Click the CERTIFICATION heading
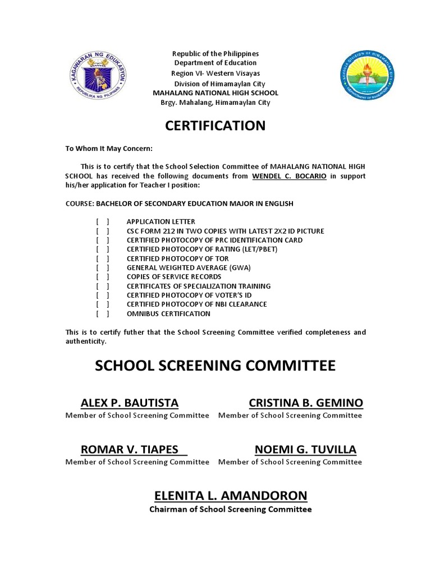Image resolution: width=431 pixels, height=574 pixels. point(215,126)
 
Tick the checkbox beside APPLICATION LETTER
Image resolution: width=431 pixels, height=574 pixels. point(103,222)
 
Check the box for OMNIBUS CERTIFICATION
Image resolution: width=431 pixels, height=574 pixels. point(103,313)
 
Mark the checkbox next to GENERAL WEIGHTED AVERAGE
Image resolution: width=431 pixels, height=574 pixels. point(103,267)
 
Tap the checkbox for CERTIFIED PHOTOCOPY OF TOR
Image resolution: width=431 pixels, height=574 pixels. point(103,258)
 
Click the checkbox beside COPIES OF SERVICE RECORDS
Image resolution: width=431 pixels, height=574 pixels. point(103,277)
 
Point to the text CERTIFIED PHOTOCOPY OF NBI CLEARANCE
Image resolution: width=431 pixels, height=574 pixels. point(196,304)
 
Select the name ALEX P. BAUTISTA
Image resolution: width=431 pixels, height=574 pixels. point(130,402)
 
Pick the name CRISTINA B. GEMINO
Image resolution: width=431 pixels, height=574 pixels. point(306,402)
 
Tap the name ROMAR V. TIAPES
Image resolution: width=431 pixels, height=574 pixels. point(130,449)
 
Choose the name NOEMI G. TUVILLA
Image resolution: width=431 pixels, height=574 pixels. point(305,449)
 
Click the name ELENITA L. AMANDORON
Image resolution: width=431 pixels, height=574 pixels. point(231,496)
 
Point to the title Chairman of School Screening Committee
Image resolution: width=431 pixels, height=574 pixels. point(230,510)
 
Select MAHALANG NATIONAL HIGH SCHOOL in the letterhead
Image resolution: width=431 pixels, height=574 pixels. point(215,93)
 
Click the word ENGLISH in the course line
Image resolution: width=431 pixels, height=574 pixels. point(281,203)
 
